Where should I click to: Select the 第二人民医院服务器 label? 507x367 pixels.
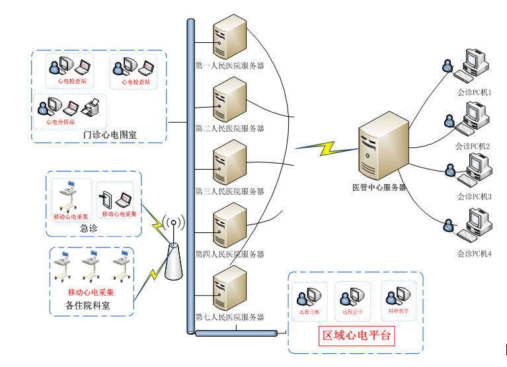click(x=229, y=129)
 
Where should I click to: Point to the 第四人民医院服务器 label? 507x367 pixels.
click(x=229, y=254)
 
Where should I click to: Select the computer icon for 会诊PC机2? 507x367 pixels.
click(x=473, y=117)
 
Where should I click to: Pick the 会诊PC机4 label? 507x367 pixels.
click(x=474, y=253)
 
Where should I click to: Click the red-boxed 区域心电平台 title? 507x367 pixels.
click(x=356, y=335)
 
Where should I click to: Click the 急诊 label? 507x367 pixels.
click(x=89, y=228)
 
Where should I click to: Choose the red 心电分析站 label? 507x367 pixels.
click(x=60, y=121)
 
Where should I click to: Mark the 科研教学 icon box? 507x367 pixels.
click(x=399, y=300)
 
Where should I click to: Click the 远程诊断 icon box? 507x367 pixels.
click(x=309, y=301)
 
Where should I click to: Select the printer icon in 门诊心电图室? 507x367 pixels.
click(x=91, y=106)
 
